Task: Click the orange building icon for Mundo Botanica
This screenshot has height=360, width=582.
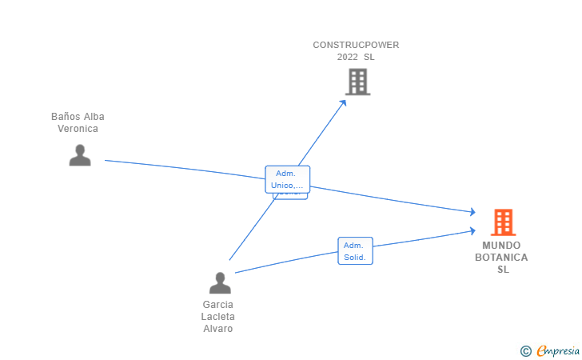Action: click(x=503, y=222)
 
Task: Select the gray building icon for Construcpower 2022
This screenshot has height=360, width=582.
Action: click(x=357, y=82)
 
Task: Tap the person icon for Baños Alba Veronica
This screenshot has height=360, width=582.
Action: click(x=80, y=154)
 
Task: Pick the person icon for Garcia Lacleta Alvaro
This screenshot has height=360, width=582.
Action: click(x=220, y=282)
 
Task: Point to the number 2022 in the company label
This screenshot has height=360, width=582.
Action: click(x=347, y=57)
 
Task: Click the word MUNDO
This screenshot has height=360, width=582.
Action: click(x=501, y=246)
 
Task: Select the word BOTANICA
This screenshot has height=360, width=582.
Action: click(x=501, y=258)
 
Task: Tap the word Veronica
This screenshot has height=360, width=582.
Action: click(x=78, y=129)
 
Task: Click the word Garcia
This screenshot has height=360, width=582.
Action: click(x=218, y=305)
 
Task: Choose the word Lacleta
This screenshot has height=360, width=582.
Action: click(x=218, y=317)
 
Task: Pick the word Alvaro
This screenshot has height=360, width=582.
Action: click(x=218, y=329)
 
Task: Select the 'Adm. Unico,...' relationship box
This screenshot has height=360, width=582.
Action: click(x=287, y=179)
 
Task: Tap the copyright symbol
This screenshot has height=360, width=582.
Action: click(x=525, y=350)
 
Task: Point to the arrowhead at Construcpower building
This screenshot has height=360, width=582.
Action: click(x=344, y=101)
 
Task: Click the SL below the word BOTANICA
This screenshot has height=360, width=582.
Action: click(x=502, y=270)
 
